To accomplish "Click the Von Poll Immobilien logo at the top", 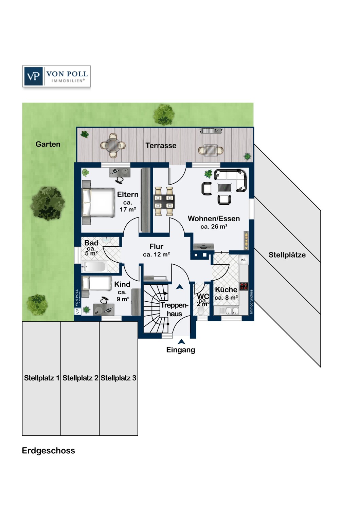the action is (56, 76).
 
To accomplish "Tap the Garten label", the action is (48, 144).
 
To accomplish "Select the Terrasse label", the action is (161, 146).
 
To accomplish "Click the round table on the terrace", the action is (113, 146).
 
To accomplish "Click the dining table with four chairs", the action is (164, 201).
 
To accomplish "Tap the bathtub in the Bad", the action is (95, 266).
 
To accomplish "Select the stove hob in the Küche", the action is (244, 286).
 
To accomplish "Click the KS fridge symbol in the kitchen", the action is (243, 260).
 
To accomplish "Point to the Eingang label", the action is (181, 350).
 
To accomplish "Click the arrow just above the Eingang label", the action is (181, 341).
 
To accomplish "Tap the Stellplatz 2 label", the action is (80, 378).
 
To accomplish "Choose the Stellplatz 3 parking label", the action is (119, 378).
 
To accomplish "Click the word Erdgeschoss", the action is (49, 451).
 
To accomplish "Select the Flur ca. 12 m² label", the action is (157, 250).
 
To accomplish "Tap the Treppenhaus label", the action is (175, 309).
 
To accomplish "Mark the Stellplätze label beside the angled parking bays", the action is (287, 255).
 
